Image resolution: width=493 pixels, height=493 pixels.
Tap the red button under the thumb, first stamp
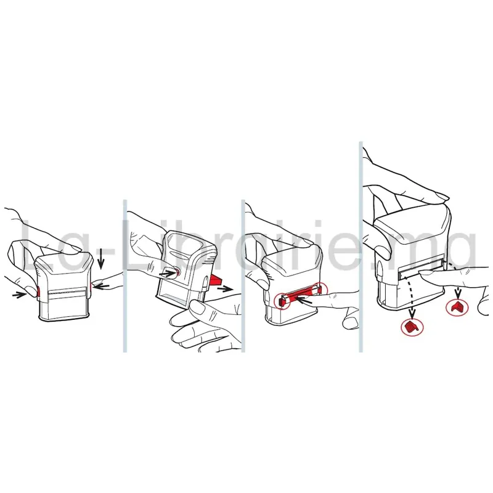(x=38, y=291)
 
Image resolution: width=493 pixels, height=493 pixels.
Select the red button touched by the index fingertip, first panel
(x=91, y=286)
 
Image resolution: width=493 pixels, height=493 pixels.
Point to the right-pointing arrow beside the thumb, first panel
(x=20, y=295)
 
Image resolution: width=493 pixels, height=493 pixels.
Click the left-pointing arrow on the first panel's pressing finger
(x=102, y=287)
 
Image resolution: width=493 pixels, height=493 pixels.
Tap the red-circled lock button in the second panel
(x=179, y=272)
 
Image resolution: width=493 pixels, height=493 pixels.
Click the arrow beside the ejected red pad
(x=226, y=289)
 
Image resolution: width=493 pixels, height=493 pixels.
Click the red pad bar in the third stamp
(x=299, y=296)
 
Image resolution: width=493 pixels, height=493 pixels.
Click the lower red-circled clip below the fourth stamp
(x=412, y=327)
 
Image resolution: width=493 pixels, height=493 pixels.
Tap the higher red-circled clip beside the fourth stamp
(x=457, y=306)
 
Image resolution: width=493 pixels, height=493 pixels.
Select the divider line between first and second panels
(x=125, y=275)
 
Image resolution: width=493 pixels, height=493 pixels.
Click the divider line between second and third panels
(x=243, y=275)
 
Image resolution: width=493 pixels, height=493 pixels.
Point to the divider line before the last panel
(x=361, y=247)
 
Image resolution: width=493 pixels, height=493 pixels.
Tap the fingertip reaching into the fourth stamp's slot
(x=425, y=272)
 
